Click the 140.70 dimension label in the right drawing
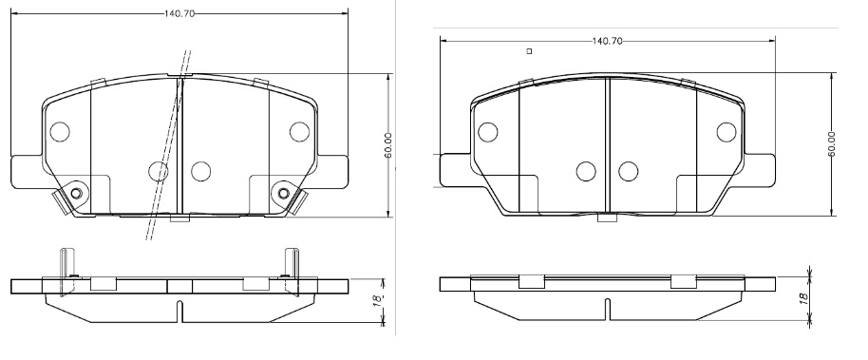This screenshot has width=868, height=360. click(607, 42)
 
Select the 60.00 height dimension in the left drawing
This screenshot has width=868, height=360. click(388, 144)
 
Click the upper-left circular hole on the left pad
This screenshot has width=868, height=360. click(59, 131)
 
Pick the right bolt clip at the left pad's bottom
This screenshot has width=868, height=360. click(285, 196)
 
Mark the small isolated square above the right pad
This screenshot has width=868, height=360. click(529, 51)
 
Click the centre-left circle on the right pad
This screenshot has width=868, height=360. click(586, 171)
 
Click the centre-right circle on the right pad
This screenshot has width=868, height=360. click(627, 171)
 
